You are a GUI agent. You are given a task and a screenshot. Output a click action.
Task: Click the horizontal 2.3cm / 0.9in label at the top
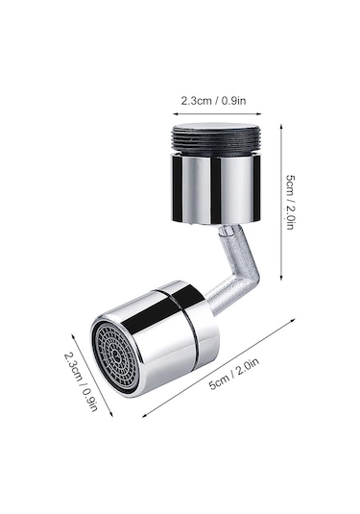[213, 100]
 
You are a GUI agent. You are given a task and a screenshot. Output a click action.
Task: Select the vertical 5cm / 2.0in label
[291, 202]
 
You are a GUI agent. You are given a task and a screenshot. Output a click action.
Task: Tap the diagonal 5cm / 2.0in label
[234, 374]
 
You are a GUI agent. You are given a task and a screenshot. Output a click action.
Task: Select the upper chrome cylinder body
[216, 188]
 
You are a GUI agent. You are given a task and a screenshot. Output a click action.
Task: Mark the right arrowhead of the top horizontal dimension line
[259, 114]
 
